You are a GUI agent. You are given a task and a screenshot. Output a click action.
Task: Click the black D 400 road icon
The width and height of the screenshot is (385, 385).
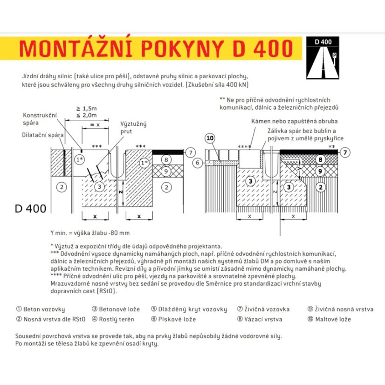(x=323, y=58)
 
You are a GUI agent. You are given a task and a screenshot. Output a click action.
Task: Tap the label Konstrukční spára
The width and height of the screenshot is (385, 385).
(x=40, y=119)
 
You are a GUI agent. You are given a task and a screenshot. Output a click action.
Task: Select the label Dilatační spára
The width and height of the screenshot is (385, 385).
(x=43, y=135)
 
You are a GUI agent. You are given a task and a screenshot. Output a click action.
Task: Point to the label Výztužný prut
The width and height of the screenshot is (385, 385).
(x=133, y=127)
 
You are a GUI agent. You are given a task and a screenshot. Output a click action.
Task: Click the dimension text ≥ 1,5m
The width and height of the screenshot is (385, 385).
(x=86, y=109)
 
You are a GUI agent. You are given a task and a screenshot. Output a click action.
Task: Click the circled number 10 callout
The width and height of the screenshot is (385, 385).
(x=210, y=138)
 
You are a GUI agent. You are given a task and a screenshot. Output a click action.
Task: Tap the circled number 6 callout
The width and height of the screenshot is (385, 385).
(x=198, y=163)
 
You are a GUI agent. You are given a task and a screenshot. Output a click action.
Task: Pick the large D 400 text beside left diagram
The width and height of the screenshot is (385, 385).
(x=30, y=209)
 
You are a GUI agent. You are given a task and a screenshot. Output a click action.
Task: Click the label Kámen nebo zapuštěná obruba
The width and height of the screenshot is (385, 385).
(x=295, y=121)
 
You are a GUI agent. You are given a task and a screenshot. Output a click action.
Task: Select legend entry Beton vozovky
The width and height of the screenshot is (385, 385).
(x=41, y=309)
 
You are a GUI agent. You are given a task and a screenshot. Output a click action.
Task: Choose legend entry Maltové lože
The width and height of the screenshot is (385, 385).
(x=329, y=319)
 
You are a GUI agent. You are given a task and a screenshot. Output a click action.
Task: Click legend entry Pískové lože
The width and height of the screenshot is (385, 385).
(x=173, y=319)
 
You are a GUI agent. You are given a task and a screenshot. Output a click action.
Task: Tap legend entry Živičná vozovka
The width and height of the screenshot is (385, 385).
(x=263, y=309)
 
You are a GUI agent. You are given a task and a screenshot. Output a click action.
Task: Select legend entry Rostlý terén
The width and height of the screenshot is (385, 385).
(x=113, y=319)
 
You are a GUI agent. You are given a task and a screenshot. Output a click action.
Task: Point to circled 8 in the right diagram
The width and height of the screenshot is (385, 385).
(x=320, y=160)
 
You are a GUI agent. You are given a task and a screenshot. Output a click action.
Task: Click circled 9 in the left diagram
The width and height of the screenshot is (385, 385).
(x=166, y=171)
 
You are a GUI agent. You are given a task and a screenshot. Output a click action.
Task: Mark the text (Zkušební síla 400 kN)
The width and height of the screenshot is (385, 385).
(x=217, y=85)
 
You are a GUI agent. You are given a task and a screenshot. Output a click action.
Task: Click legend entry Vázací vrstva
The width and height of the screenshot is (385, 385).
(x=260, y=319)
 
